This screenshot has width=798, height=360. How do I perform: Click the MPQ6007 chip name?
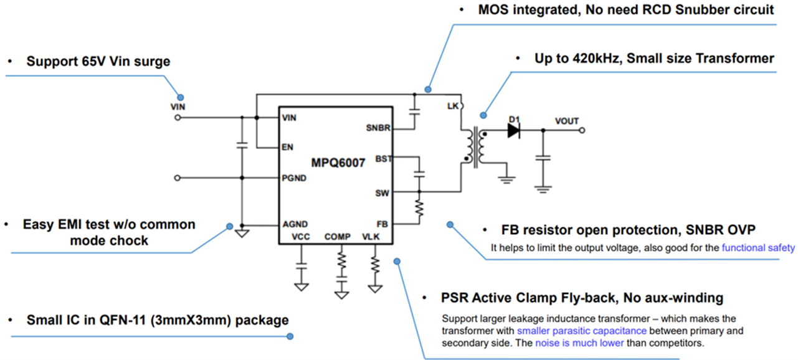[339, 163]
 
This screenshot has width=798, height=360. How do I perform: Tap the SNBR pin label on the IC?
[379, 128]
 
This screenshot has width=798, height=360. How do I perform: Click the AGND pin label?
[295, 224]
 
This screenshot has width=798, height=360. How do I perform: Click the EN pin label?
[288, 148]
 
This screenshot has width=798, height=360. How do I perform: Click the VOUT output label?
[567, 121]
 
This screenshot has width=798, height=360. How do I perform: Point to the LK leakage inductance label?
[453, 107]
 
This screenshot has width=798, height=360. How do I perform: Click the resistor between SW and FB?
[419, 207]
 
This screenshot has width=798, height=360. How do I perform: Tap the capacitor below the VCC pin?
[302, 265]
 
